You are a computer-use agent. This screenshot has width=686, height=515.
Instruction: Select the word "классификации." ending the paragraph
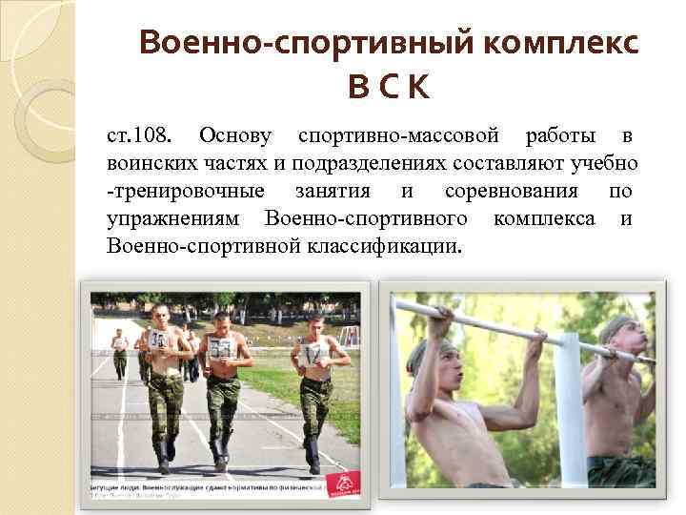(384, 247)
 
